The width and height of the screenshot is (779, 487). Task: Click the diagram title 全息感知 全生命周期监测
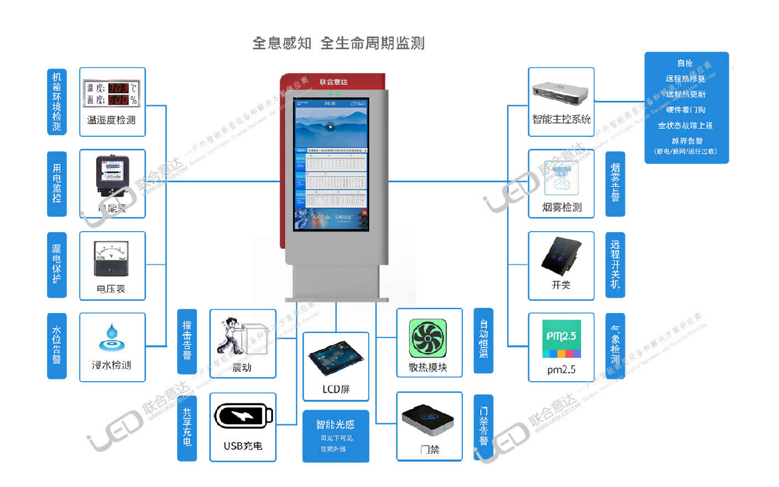pos(338,43)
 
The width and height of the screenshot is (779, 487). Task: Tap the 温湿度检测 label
pos(111,120)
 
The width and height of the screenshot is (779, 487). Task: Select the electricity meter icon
pos(112,174)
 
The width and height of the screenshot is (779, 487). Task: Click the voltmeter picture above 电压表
pos(111,258)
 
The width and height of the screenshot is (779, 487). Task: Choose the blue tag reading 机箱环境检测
pos(56,102)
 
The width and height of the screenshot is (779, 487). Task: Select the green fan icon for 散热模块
pos(427,339)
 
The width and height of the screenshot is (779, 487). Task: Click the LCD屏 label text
pos(336,389)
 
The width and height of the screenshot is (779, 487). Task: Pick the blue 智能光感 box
pos(336,435)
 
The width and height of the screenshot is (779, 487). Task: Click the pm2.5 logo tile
pos(561,337)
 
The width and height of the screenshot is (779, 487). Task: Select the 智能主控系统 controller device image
pos(560,93)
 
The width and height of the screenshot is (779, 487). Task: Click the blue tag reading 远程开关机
pos(615,265)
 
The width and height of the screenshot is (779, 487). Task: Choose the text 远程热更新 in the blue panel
pos(686,94)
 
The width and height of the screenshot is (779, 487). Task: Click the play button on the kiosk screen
pos(331,126)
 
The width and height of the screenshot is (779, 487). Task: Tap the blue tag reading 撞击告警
pos(187,341)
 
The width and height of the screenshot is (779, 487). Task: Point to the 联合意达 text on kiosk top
pos(333,82)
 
